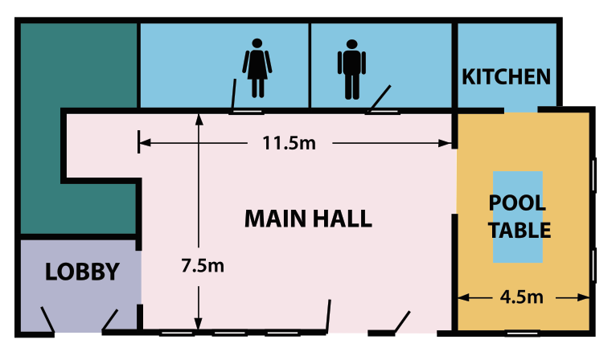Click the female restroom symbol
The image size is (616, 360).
coord(257,68)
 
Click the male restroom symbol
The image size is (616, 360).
coord(351,69)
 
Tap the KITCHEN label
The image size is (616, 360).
coord(506,77)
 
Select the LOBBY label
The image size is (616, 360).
coord(82,272)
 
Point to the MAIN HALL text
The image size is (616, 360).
coord(308,219)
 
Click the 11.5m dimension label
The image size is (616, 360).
coord(290,143)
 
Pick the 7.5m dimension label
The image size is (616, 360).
coord(203,266)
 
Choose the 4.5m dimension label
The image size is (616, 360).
coord(522,297)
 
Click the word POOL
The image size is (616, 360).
coord(517,203)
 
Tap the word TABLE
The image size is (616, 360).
coord(519,231)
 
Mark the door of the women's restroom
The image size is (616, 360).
coord(233,95)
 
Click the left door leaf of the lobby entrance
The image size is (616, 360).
coord(47,320)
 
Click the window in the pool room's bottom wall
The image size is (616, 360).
coord(522,333)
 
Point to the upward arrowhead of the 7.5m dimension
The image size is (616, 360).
coord(199,119)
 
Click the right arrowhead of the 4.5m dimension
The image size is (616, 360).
coord(584,298)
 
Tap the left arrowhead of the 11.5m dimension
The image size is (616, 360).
coord(145,142)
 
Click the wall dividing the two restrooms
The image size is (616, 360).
coord(310,65)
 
